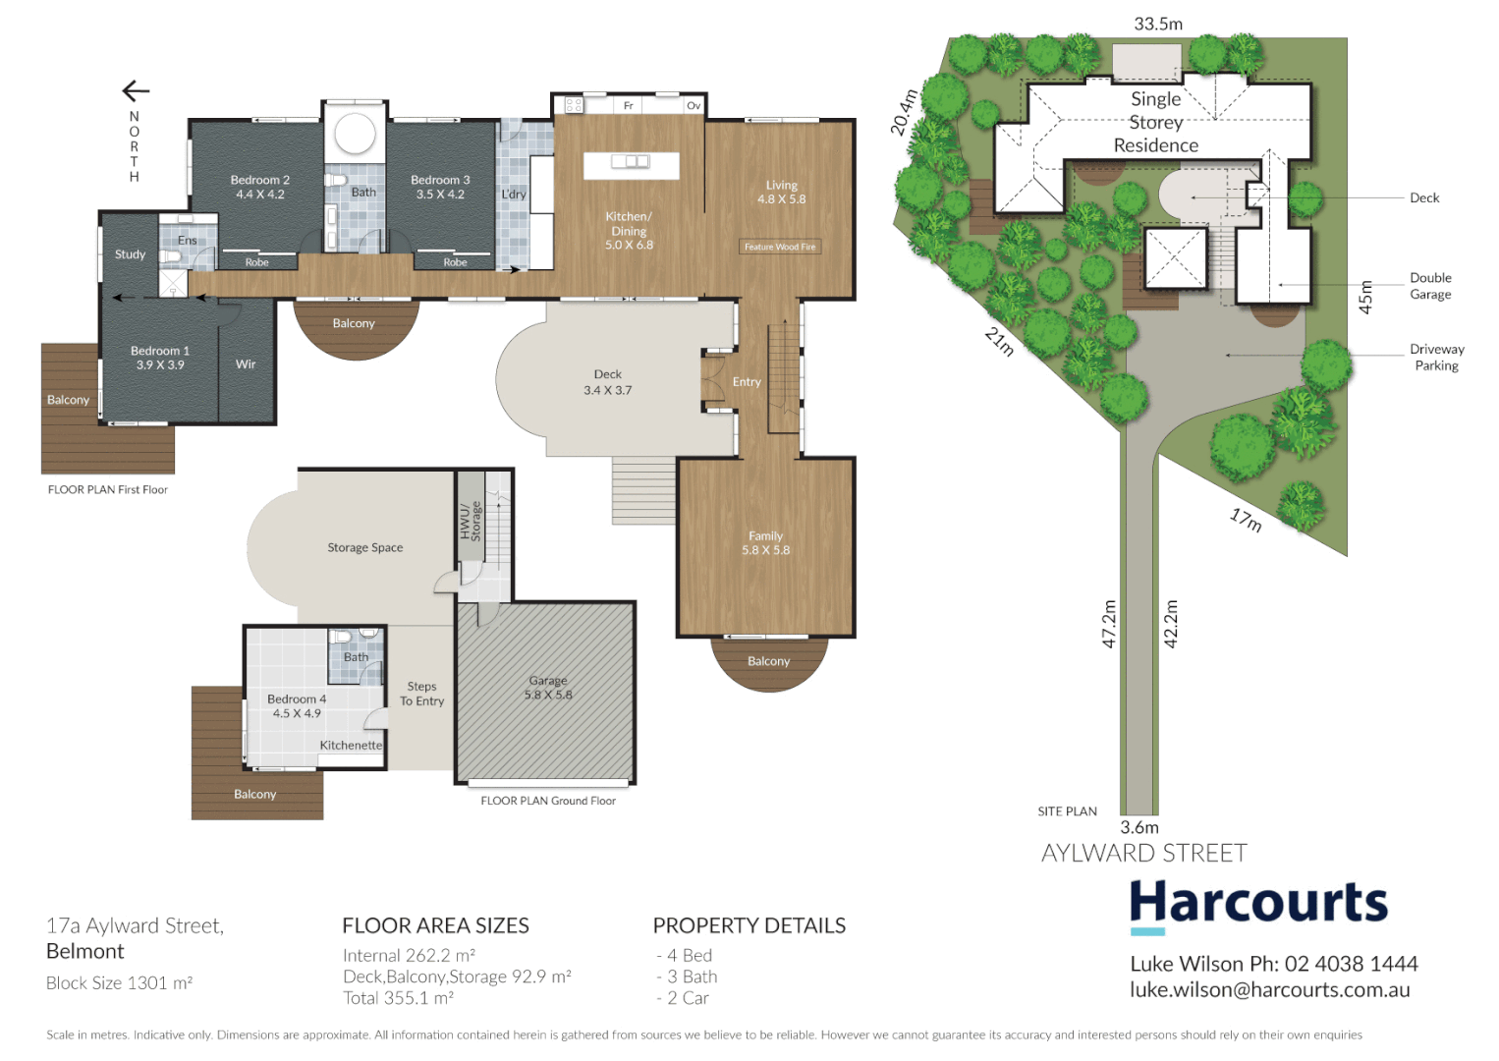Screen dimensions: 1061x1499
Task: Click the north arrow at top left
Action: pos(136,91)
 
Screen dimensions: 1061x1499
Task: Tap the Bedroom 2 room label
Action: pos(259,187)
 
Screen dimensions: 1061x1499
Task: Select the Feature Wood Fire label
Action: pos(780,247)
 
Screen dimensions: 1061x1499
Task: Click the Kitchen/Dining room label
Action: pos(629,230)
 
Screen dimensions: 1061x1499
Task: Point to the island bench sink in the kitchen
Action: pos(631,162)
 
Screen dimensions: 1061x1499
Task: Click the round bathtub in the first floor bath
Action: pos(355,135)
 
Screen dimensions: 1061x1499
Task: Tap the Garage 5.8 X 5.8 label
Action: pos(547,688)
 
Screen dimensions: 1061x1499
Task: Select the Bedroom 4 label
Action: pos(297,705)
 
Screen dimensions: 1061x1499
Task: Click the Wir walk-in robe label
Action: pos(246,364)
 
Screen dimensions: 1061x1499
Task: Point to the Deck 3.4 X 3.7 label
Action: pos(607,382)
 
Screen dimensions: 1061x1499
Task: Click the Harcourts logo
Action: pos(1257,903)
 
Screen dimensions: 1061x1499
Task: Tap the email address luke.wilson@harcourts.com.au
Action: pos(1269,990)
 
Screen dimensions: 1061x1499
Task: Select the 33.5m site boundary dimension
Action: pos(1158,24)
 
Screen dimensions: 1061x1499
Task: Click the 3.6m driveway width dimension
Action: pos(1139,828)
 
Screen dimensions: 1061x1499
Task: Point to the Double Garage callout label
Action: pos(1430,286)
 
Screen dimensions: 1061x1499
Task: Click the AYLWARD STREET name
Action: pos(1143,853)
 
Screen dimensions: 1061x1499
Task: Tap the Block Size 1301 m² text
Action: pos(119,983)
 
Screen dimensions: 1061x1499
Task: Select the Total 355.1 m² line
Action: pos(398,998)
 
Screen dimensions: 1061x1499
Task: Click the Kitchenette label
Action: pos(351,746)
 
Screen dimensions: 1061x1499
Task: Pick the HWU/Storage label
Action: pos(471,521)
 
